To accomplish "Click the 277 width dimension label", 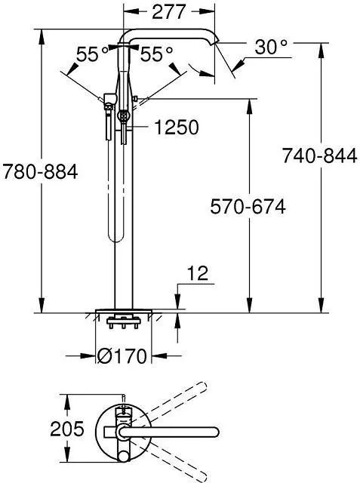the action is [169, 12].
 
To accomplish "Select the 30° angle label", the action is [271, 47].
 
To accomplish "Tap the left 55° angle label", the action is [92, 54].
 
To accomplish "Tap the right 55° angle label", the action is [156, 54].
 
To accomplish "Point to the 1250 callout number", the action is [177, 128].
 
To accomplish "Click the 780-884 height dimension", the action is [40, 171].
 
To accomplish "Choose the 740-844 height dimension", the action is [320, 155].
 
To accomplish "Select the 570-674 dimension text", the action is [248, 206].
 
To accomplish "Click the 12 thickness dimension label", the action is [198, 273].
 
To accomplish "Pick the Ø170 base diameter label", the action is [122, 356].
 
